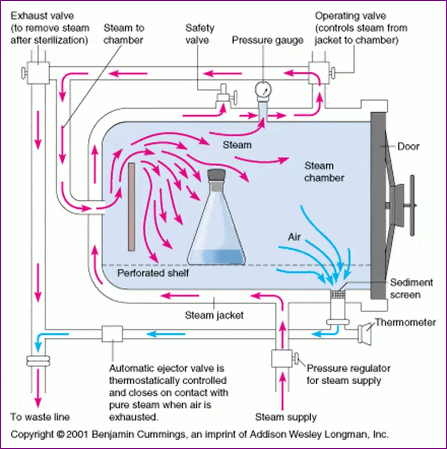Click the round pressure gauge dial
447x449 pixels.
(261, 89)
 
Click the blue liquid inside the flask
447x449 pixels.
(216, 257)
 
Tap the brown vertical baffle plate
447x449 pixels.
(131, 207)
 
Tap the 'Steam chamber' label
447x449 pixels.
(324, 172)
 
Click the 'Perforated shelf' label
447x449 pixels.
(153, 273)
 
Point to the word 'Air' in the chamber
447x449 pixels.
(294, 237)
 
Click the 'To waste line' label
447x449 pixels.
(40, 417)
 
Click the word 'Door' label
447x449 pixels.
(408, 146)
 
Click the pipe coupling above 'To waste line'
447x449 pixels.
(38, 362)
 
